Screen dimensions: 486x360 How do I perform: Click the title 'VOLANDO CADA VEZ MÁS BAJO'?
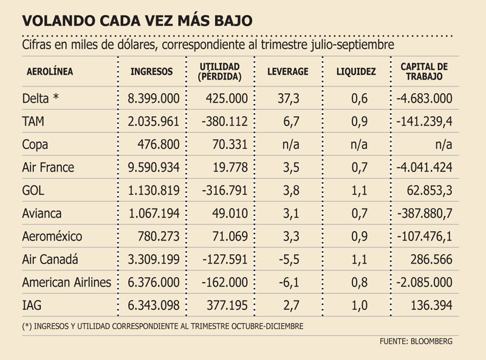point(137,21)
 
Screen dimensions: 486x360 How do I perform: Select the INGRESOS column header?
point(151,71)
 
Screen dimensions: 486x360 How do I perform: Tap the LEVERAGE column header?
point(288,71)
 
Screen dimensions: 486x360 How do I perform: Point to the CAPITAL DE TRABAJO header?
point(424,71)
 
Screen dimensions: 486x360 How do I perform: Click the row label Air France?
point(48,167)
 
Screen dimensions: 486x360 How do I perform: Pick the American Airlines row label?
point(67,282)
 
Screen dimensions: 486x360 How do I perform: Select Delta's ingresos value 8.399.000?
point(154,99)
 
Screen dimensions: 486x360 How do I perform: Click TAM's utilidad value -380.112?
point(225,122)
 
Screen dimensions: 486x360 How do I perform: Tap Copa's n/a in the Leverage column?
point(291,144)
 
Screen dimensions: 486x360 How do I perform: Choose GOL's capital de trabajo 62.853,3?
point(430,190)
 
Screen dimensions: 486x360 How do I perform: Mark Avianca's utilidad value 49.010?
point(230,213)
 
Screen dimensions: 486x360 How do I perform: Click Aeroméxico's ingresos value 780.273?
point(159,236)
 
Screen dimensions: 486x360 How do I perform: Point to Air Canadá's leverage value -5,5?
point(289,259)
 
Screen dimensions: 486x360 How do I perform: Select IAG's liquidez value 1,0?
point(360,305)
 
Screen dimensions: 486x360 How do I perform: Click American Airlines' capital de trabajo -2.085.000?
point(424,282)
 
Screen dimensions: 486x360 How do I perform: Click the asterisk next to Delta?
point(55,97)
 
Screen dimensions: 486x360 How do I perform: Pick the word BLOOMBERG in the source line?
point(431,341)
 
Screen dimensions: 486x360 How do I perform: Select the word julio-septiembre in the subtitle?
point(352,45)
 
